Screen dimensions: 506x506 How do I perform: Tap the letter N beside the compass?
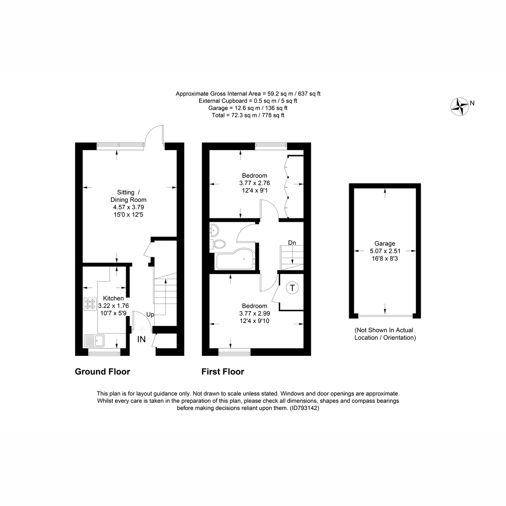pyautogui.click(x=472, y=103)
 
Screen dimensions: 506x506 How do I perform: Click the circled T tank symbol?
pyautogui.click(x=292, y=288)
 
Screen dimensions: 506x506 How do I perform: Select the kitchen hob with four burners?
pyautogui.click(x=90, y=304)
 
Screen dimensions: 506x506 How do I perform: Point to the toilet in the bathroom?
pyautogui.click(x=219, y=244)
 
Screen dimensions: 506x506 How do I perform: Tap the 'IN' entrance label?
pyautogui.click(x=142, y=339)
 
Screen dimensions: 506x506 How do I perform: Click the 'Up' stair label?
pyautogui.click(x=151, y=315)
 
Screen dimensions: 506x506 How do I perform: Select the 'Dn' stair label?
pyautogui.click(x=292, y=243)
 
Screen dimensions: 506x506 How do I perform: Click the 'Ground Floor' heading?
pyautogui.click(x=102, y=371)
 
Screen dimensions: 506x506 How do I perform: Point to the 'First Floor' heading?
pyautogui.click(x=223, y=371)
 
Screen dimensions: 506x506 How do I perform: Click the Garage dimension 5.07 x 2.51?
pyautogui.click(x=385, y=251)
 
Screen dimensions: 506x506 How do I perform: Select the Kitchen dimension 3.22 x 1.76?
pyautogui.click(x=113, y=306)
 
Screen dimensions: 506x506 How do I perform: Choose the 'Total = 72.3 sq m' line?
pyautogui.click(x=248, y=115)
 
